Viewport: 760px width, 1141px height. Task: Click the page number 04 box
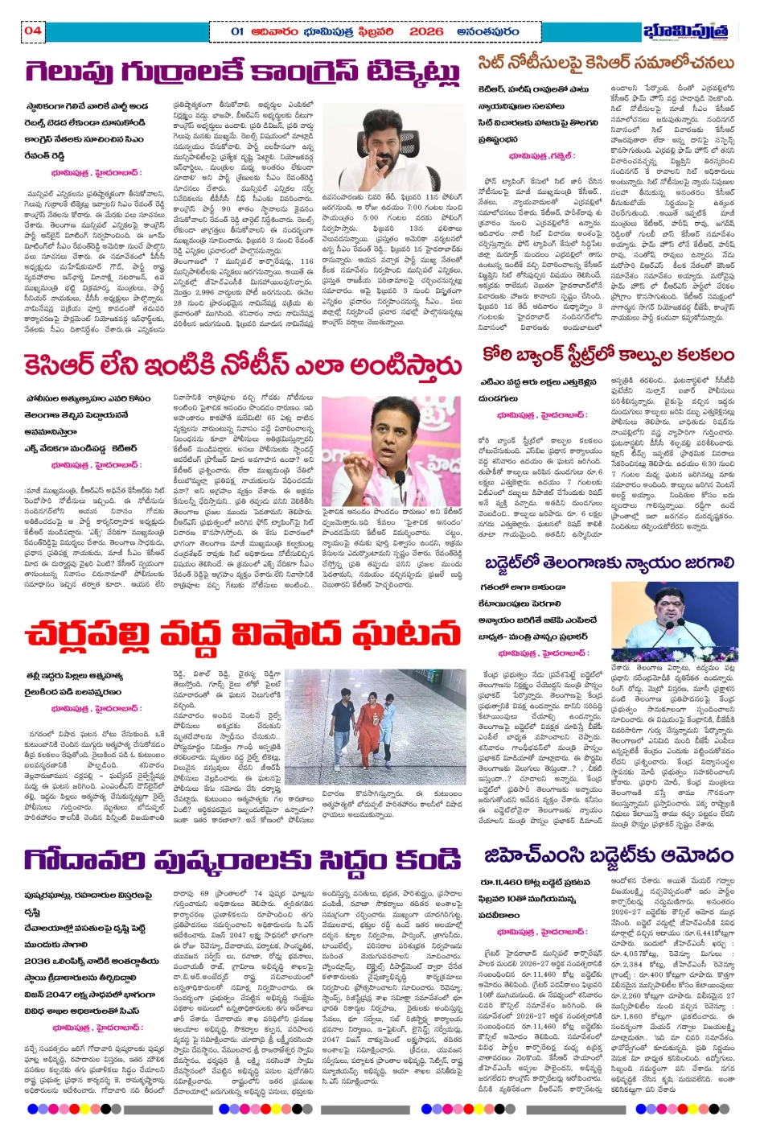pos(32,31)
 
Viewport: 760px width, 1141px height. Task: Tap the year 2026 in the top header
pos(425,31)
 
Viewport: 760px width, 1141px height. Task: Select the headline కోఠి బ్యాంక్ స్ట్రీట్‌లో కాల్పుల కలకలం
pos(608,355)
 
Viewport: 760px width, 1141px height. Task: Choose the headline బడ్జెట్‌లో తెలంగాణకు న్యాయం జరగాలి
pos(609,562)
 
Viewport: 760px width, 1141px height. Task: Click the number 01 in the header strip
pos(237,31)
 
